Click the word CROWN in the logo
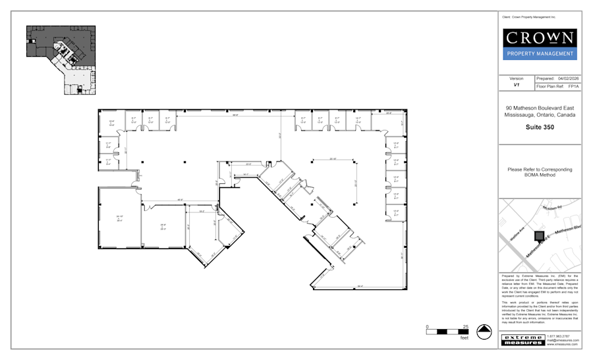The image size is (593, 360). [x=540, y=38]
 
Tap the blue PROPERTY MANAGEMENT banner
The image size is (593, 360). [x=540, y=54]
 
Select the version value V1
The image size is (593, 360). [x=517, y=86]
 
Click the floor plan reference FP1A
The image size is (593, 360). [x=573, y=86]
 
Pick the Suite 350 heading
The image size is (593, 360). [x=540, y=127]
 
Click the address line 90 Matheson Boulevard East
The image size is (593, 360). [x=540, y=108]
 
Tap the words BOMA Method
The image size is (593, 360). [x=540, y=175]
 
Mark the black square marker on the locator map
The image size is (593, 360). [x=539, y=235]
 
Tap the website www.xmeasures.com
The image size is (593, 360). [x=563, y=344]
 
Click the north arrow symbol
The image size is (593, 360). [x=484, y=331]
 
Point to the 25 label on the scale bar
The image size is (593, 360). [x=466, y=326]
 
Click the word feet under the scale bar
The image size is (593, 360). [x=464, y=338]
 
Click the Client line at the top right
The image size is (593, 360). [x=528, y=16]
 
